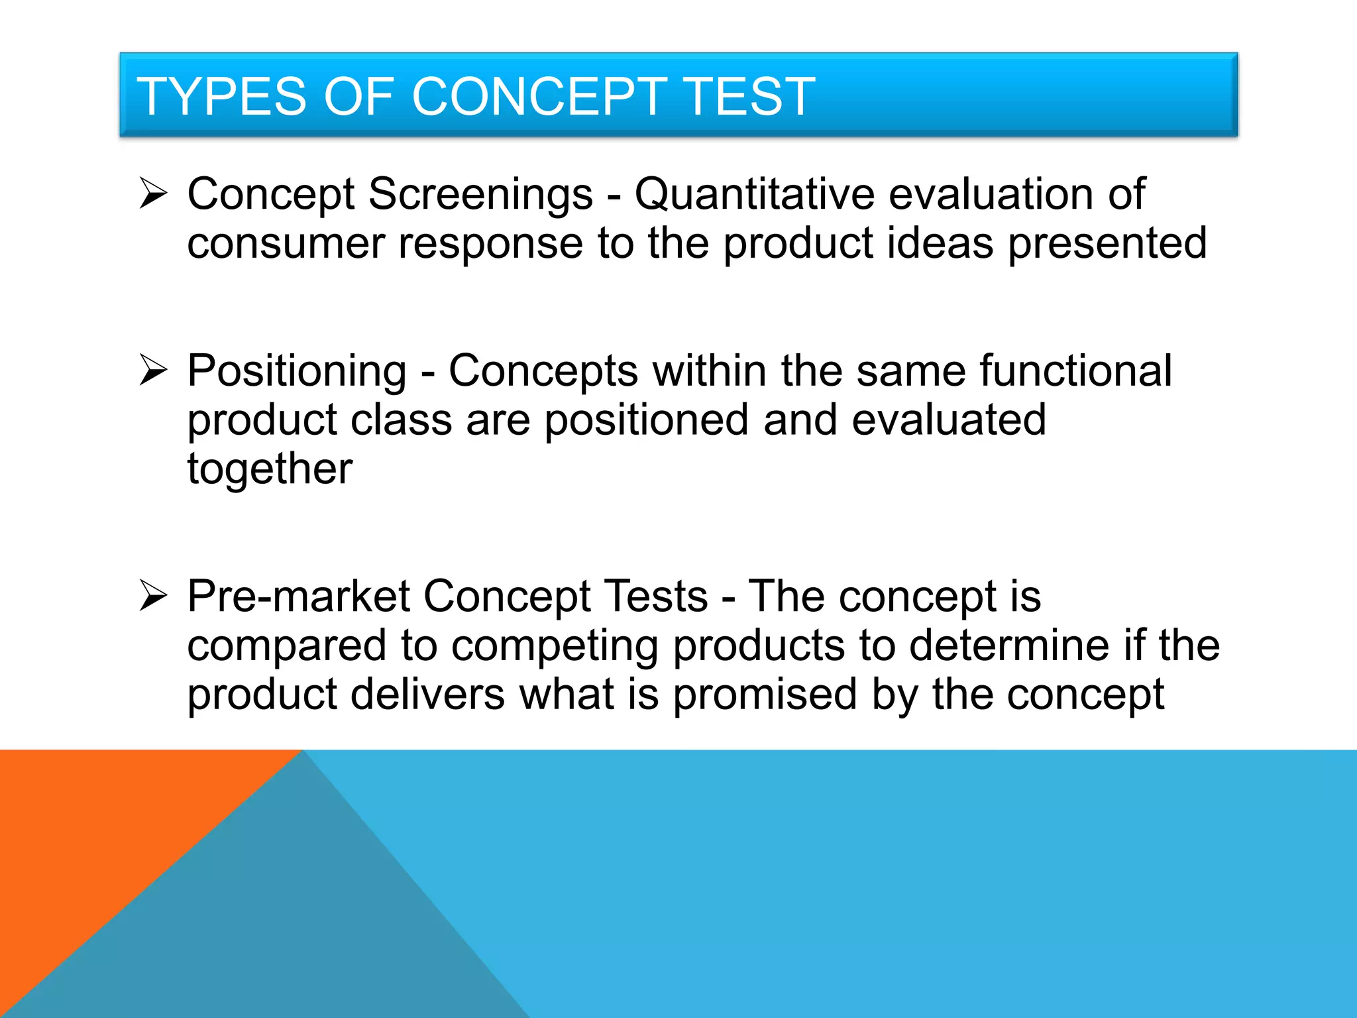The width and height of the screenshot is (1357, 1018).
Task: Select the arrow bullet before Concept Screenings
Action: pyautogui.click(x=153, y=194)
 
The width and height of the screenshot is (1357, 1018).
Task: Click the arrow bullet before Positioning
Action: pyautogui.click(x=153, y=370)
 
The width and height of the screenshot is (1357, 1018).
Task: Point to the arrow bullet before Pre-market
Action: pyautogui.click(x=153, y=595)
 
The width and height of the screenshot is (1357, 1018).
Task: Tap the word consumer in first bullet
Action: pyautogui.click(x=286, y=244)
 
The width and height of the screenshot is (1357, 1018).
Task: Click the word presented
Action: pyautogui.click(x=1107, y=244)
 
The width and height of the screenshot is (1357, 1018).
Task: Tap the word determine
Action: pyautogui.click(x=1008, y=646)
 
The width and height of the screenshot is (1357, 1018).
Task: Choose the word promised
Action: pyautogui.click(x=765, y=695)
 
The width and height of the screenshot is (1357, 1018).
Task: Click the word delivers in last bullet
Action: pyautogui.click(x=427, y=695)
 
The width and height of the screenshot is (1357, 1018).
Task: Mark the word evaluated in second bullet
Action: pyautogui.click(x=948, y=420)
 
